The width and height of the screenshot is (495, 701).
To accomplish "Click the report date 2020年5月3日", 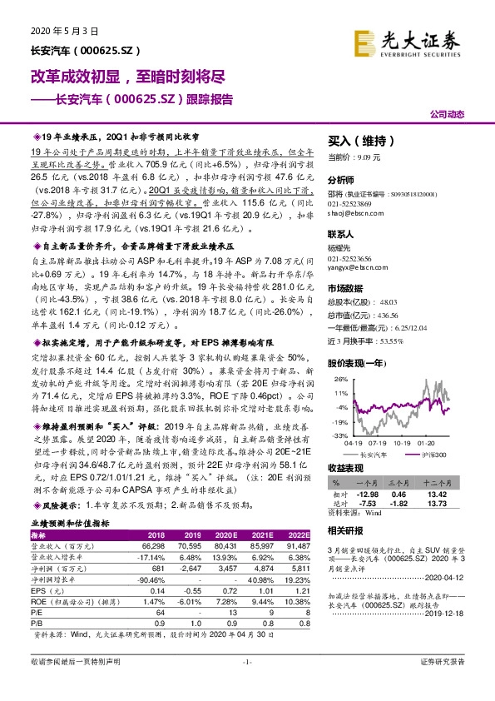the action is tap(64, 31).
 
